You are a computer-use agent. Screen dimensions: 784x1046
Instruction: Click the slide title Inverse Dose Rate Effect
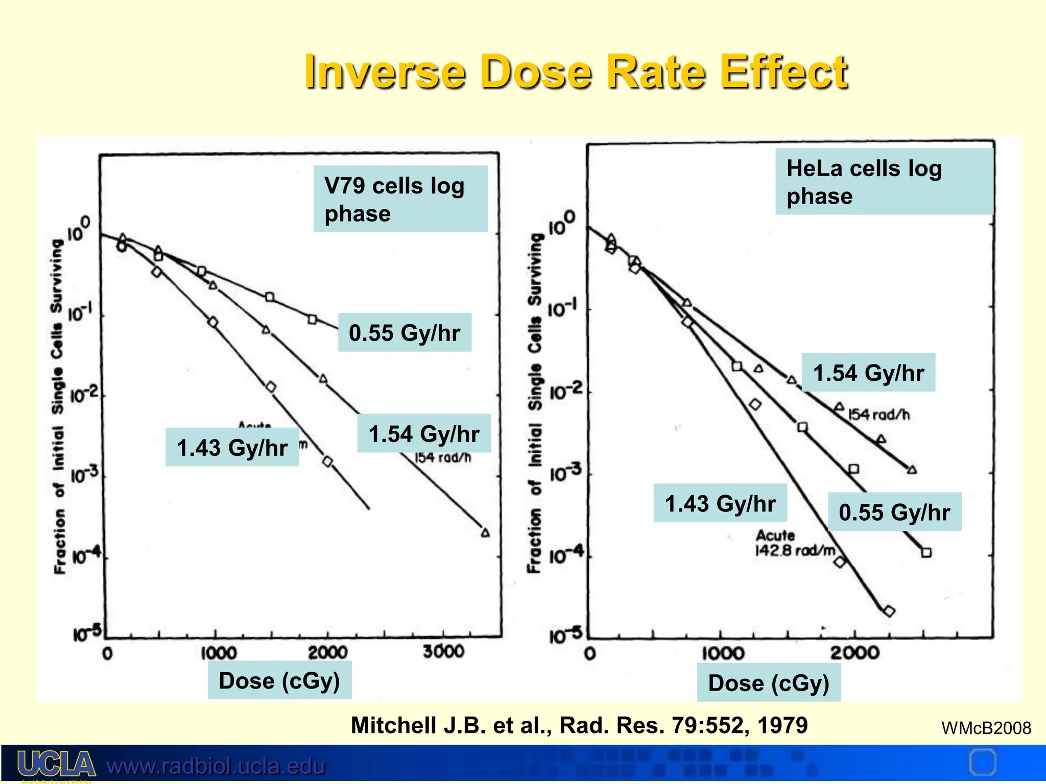click(x=576, y=72)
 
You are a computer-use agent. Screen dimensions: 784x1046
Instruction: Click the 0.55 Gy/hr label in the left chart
click(x=405, y=333)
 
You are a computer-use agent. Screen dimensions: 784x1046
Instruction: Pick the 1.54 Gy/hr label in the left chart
click(x=424, y=434)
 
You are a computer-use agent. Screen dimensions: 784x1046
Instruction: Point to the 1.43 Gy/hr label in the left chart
click(x=232, y=448)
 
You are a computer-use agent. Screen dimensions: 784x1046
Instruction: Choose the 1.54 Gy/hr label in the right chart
click(x=868, y=373)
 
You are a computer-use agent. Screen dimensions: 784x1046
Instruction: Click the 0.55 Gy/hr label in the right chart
click(x=894, y=512)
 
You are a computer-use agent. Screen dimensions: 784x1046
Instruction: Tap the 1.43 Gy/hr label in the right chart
click(x=720, y=503)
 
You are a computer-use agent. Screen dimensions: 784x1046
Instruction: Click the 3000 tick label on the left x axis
click(x=443, y=652)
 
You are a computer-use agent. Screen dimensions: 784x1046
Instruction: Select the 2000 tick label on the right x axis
click(x=854, y=653)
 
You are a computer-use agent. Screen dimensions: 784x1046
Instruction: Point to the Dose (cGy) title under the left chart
click(x=279, y=680)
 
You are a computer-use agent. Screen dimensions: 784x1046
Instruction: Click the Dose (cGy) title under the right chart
click(x=769, y=683)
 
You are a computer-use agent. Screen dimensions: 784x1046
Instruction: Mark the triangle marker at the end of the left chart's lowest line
click(x=485, y=533)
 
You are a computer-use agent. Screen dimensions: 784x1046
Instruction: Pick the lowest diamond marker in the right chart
click(x=889, y=611)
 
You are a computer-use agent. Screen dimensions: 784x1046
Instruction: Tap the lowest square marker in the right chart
click(x=926, y=552)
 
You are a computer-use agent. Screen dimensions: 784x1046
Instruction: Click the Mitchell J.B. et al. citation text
click(x=579, y=725)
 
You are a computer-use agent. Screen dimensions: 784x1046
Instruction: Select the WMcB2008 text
click(x=986, y=728)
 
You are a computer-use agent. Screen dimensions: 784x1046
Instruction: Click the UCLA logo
click(x=57, y=765)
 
